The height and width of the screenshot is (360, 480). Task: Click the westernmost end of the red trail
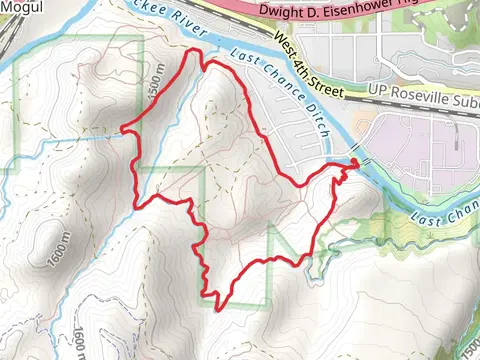[123, 129]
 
